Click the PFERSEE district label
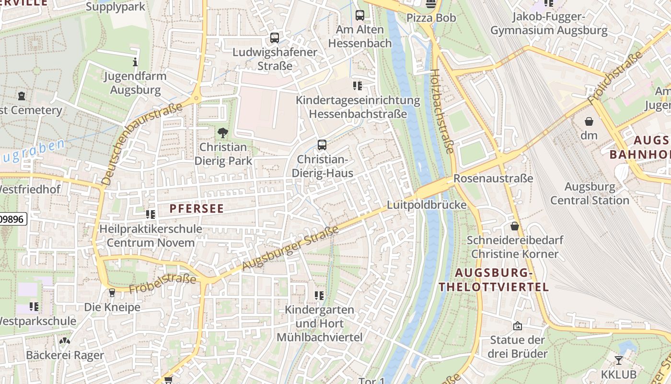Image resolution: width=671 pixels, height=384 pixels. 197,208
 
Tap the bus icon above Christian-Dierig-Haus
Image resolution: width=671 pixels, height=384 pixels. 322,144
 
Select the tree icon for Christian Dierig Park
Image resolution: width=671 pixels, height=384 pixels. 222,133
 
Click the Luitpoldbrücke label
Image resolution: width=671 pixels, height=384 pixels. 427,205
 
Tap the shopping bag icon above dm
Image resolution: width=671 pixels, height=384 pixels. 589,122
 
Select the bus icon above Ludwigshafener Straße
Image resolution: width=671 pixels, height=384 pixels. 275,37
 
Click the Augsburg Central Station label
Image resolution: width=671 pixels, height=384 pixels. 590,193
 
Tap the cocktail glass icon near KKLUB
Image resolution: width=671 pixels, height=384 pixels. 619,360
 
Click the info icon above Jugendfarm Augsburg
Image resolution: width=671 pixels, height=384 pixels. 135,62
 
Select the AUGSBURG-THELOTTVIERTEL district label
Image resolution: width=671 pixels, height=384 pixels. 494,280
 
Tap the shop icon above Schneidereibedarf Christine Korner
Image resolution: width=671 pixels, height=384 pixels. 515,226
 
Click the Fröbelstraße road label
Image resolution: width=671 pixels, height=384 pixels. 163,283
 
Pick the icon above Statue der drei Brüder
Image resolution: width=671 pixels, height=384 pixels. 518,326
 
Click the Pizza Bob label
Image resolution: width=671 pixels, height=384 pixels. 431,18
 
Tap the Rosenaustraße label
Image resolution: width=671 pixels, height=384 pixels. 493,179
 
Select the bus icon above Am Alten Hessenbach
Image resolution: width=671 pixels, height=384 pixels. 360,15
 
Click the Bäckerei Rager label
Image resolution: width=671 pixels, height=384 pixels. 65,355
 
